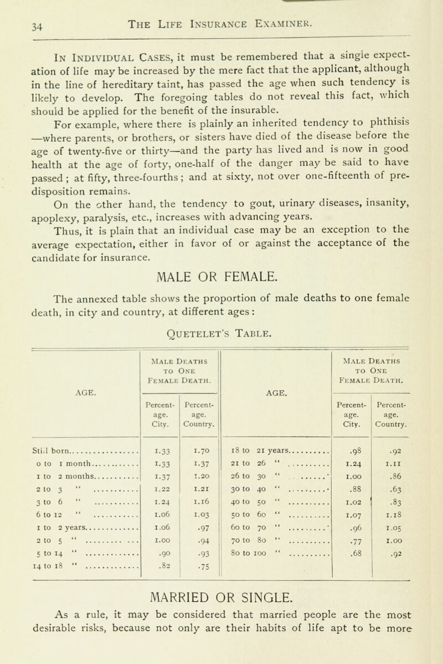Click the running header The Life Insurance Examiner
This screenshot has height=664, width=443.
(221, 11)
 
